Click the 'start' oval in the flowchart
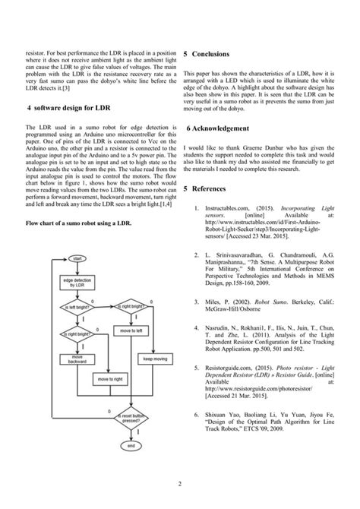(75, 259)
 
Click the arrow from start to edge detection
(75, 270)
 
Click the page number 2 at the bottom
(179, 484)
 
